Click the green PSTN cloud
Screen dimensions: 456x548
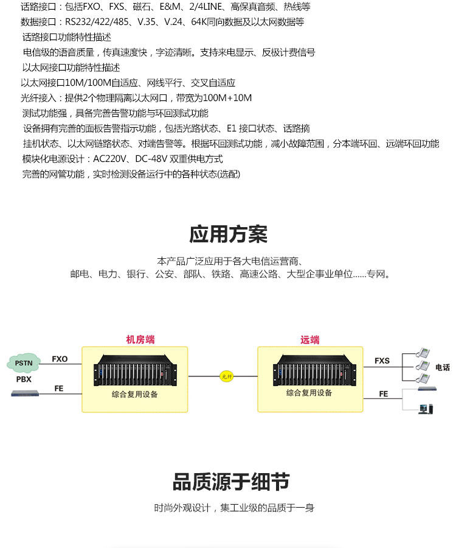click(24, 363)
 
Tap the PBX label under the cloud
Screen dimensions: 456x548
click(24, 379)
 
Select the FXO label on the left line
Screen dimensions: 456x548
click(60, 359)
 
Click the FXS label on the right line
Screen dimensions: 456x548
click(382, 360)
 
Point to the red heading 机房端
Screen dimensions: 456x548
click(140, 340)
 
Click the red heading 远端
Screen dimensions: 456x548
click(310, 340)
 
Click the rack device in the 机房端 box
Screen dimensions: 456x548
click(135, 372)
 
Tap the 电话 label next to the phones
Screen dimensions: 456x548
click(442, 367)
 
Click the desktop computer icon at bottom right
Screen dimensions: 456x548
click(426, 408)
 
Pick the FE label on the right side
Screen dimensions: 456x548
click(383, 394)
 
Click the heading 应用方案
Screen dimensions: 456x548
click(228, 234)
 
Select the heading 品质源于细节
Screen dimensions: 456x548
click(231, 482)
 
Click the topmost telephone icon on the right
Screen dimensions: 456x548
click(423, 353)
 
